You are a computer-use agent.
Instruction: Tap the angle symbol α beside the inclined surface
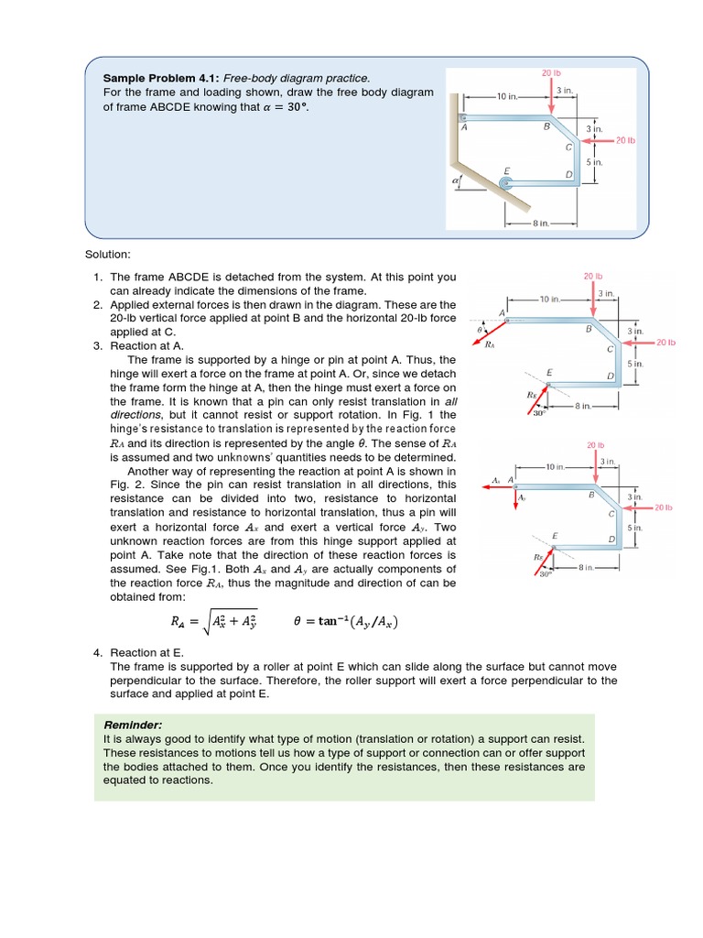pyautogui.click(x=456, y=183)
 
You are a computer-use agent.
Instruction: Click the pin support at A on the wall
pyautogui.click(x=463, y=117)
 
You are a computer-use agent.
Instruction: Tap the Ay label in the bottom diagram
pyautogui.click(x=522, y=496)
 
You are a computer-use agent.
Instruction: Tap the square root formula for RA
pyautogui.click(x=213, y=622)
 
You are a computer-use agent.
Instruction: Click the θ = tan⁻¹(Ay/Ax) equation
pyautogui.click(x=345, y=622)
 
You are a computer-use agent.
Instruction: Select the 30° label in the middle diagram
pyautogui.click(x=538, y=412)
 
